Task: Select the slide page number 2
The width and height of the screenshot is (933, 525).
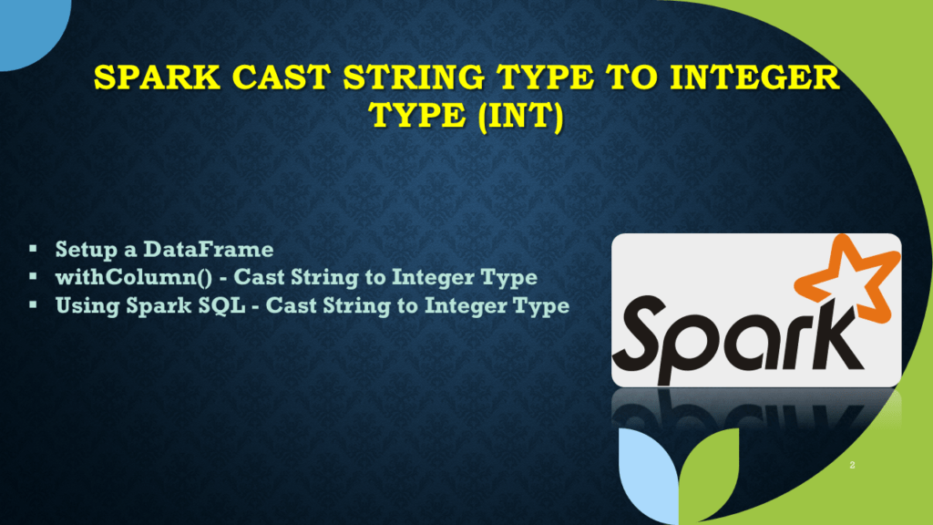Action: (x=852, y=466)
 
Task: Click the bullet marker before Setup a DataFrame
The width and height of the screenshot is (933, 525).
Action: (x=33, y=248)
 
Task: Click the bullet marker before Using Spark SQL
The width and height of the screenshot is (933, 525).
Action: (x=33, y=304)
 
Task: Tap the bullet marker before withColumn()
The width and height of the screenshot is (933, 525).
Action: (x=33, y=276)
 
